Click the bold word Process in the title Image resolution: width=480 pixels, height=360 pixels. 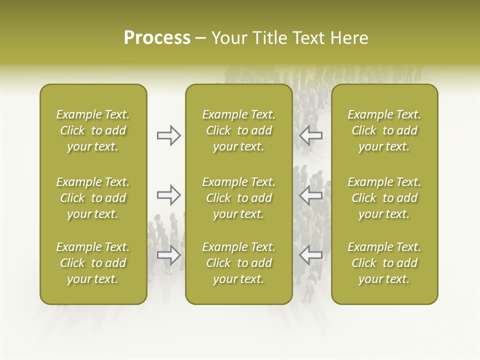click(157, 38)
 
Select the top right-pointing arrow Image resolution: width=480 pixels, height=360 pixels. click(168, 135)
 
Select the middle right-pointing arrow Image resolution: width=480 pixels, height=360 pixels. click(168, 195)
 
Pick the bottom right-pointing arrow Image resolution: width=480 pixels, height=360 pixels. click(168, 255)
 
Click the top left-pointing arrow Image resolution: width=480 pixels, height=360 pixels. click(311, 135)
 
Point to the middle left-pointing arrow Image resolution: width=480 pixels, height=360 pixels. click(311, 195)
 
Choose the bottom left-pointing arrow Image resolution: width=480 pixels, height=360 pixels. click(311, 255)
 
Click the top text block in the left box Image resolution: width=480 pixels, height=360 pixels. click(93, 130)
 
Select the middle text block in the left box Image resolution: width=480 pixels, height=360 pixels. click(93, 198)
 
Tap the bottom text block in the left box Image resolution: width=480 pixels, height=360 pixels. click(93, 263)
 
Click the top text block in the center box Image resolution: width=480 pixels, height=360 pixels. click(238, 130)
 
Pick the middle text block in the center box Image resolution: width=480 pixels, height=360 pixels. click(238, 198)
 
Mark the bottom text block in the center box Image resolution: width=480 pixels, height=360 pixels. click(238, 263)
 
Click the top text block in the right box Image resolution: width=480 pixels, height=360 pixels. click(384, 130)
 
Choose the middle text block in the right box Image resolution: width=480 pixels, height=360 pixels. click(384, 198)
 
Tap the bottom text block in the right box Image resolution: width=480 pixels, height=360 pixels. click(384, 263)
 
